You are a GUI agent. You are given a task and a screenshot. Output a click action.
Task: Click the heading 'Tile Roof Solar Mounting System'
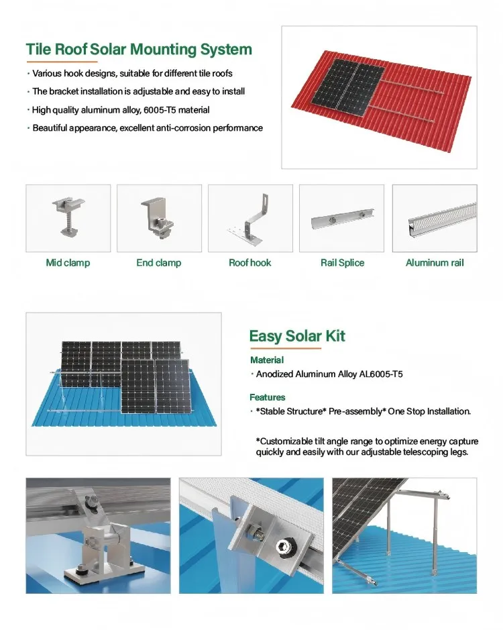[x=139, y=50]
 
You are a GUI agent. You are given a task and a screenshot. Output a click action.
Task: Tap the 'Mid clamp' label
[x=68, y=263]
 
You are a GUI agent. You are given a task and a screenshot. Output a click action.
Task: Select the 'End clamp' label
[x=159, y=263]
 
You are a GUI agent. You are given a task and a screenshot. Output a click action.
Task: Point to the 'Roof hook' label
[x=250, y=263]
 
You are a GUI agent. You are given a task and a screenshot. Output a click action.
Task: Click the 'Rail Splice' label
[x=342, y=263]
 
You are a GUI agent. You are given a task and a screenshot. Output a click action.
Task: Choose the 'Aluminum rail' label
[x=435, y=263]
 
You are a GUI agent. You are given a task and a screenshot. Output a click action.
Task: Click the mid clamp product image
[x=68, y=218]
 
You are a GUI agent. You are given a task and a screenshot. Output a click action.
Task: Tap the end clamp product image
[x=159, y=218]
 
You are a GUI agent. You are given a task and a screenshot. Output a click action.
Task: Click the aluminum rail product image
[x=435, y=218]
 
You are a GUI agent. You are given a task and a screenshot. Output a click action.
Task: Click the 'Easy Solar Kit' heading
[x=297, y=335]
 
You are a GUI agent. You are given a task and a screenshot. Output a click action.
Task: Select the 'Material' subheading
[x=266, y=360]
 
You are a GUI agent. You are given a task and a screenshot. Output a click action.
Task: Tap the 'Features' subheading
[x=268, y=397]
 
